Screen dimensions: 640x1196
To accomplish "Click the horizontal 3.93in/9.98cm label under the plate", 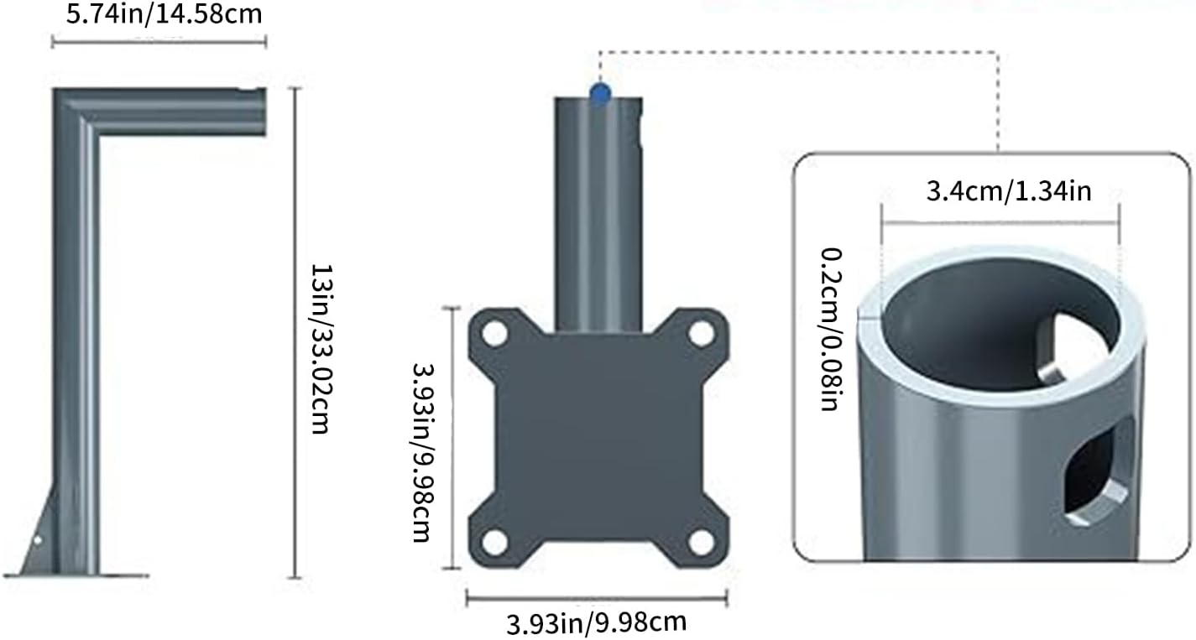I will coord(596,622).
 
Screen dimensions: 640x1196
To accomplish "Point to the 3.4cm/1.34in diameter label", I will coord(1008,191).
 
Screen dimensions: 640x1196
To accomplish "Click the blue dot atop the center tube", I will coord(598,95).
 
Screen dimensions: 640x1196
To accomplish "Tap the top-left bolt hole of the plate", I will coord(495,333).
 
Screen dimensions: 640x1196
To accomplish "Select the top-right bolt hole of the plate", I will coord(701,333).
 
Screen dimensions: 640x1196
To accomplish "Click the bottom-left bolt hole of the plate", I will coord(495,542).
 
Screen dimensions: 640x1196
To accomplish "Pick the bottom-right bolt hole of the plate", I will coord(701,542).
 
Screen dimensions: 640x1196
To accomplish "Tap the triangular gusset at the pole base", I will coord(40,537).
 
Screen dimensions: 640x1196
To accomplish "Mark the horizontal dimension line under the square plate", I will coord(596,598).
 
